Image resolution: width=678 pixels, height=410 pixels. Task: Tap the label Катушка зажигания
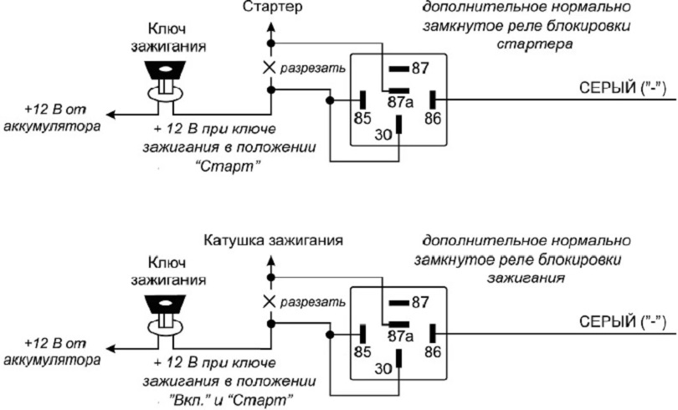tap(273, 240)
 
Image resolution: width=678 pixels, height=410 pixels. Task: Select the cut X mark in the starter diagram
tap(270, 67)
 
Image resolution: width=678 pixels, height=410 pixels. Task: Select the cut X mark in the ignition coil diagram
tap(270, 300)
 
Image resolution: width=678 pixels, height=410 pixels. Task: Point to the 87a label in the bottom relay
tap(402, 337)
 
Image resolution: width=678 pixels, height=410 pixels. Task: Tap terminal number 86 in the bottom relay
tap(432, 351)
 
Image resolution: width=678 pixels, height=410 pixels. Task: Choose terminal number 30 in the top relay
tap(383, 134)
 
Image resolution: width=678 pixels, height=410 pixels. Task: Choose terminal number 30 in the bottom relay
tap(383, 366)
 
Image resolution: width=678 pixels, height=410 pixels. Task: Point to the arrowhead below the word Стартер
tap(270, 28)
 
